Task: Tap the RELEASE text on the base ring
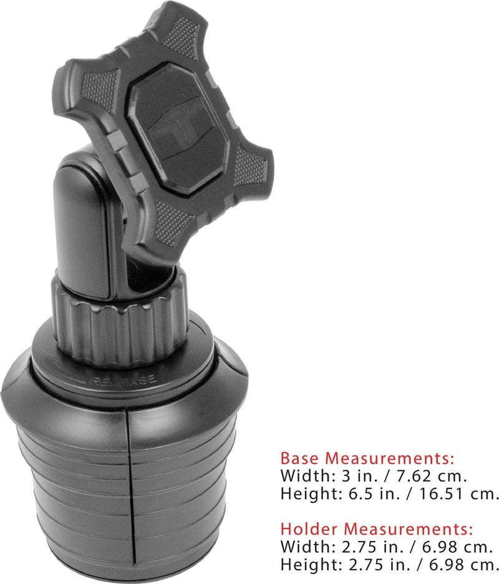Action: (124, 381)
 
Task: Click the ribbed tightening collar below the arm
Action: (119, 320)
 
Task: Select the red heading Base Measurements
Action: (367, 458)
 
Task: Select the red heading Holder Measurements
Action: (377, 529)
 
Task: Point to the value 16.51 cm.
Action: (460, 494)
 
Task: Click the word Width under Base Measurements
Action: (308, 475)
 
